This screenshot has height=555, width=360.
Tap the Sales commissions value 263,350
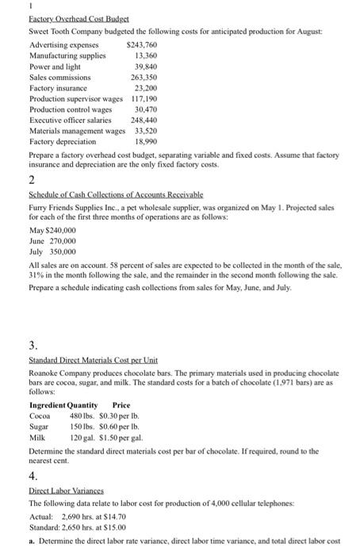tap(145, 78)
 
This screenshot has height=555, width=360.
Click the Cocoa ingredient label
tap(40, 415)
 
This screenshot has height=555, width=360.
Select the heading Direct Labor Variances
tap(66, 492)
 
